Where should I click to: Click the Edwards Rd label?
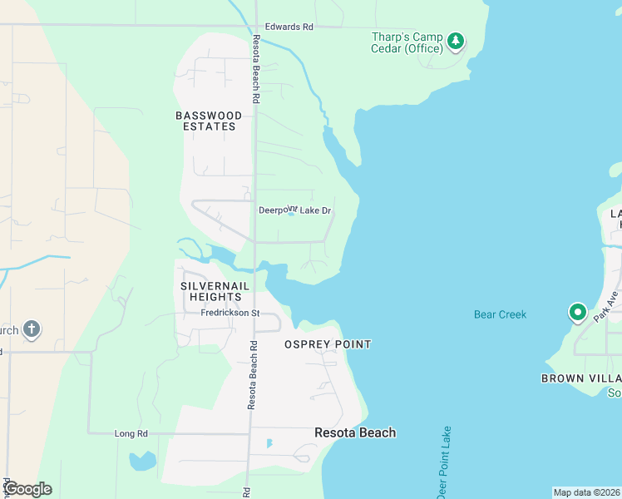(284, 27)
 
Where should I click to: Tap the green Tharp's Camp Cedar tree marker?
(455, 40)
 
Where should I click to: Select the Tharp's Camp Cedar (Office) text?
(406, 42)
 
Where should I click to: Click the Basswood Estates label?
(209, 121)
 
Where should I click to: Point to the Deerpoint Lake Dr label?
(295, 211)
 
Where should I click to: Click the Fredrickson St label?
(230, 314)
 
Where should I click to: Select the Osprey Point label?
(328, 344)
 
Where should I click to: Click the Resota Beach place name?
(355, 432)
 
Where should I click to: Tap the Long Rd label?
(131, 433)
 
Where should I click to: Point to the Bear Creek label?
(501, 314)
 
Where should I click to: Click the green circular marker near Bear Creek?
(577, 313)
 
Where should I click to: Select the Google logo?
(27, 489)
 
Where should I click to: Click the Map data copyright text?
(586, 492)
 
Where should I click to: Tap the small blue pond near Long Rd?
(142, 460)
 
